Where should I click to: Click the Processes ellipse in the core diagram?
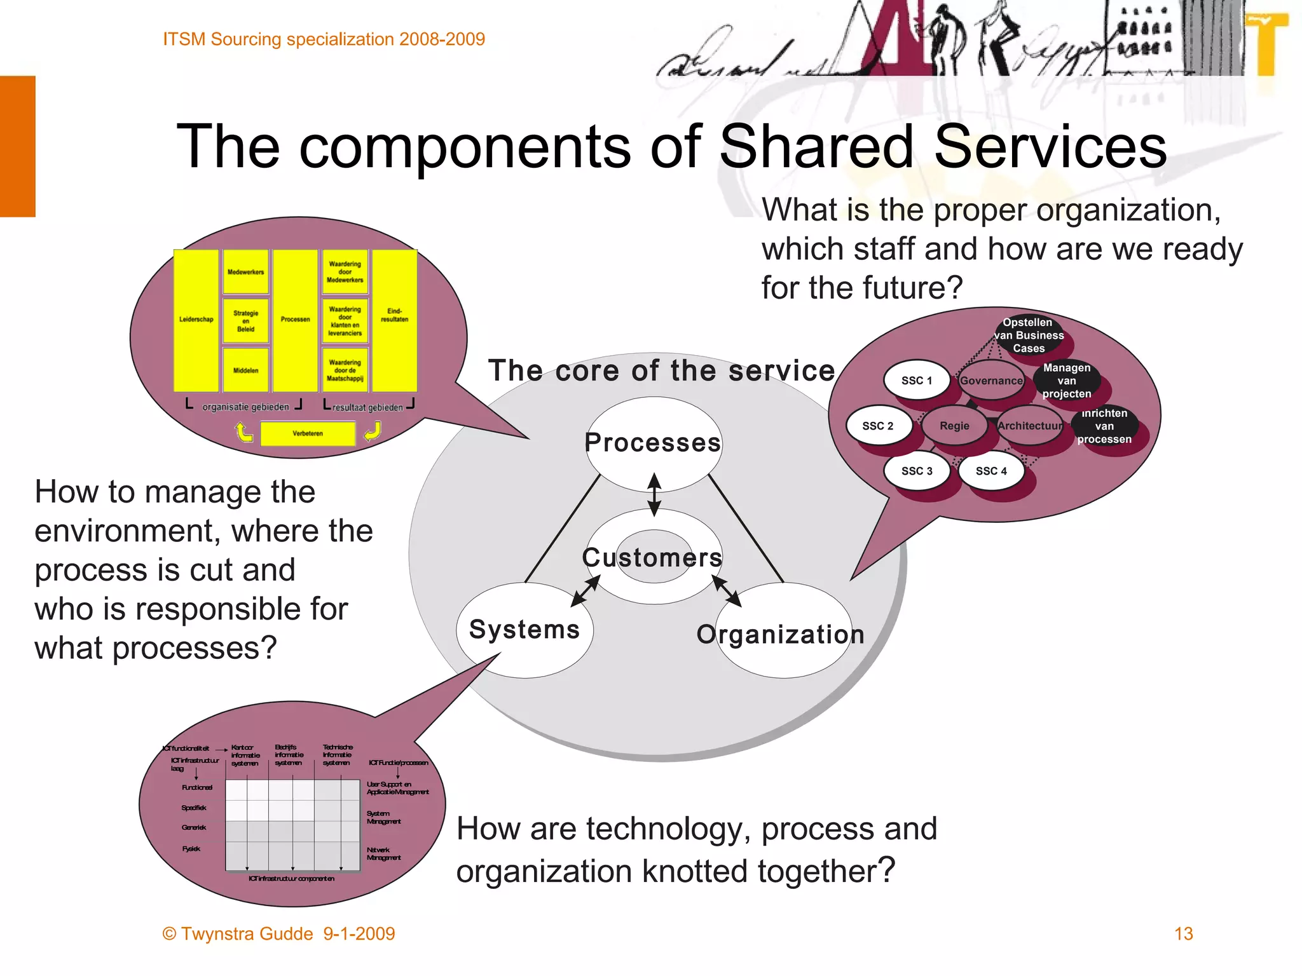coord(654,443)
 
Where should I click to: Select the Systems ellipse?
coord(524,630)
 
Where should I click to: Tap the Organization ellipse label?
coord(781,634)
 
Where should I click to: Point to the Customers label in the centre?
coord(653,557)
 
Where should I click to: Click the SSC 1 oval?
coord(917,381)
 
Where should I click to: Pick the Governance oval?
coord(991,381)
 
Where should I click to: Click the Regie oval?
coord(954,426)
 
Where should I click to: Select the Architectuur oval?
coord(1030,426)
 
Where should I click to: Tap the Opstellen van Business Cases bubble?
coord(1029,335)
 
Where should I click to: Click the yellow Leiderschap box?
coord(196,320)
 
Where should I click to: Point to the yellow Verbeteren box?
coord(308,433)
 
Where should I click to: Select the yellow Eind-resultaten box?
coord(394,320)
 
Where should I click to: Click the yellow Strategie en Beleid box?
coord(245,321)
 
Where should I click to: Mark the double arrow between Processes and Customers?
coord(654,494)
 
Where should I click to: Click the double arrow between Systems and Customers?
coord(586,590)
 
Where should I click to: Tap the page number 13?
coord(1183,933)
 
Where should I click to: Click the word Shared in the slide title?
coord(816,146)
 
